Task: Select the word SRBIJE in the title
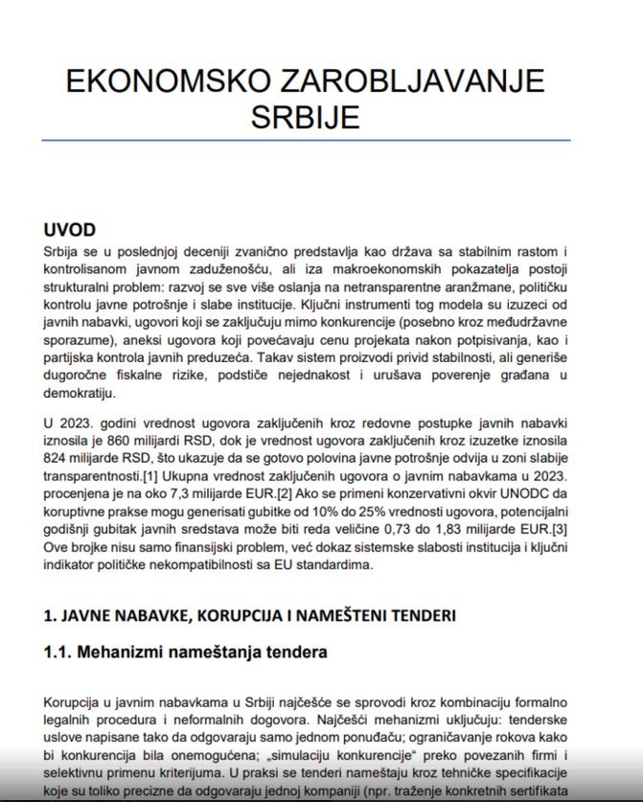click(306, 116)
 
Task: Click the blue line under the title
click(307, 141)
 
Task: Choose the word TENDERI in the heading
click(420, 614)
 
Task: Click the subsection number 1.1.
click(59, 653)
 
